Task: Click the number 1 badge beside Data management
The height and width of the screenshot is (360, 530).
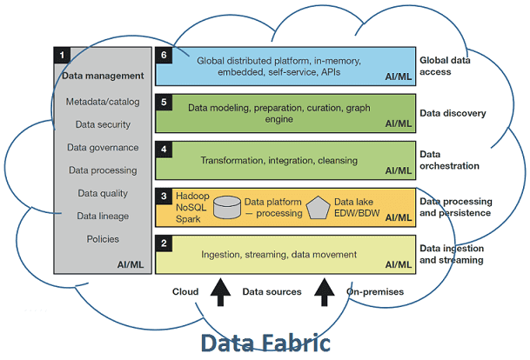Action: pyautogui.click(x=62, y=55)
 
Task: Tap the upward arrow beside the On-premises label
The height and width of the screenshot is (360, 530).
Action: pyautogui.click(x=326, y=294)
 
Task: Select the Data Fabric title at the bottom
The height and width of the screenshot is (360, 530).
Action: pyautogui.click(x=265, y=342)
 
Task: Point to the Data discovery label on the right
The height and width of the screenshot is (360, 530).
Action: pyautogui.click(x=452, y=113)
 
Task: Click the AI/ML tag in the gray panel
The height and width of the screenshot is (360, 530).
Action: pyautogui.click(x=130, y=263)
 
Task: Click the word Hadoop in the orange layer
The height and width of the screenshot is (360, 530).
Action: pyautogui.click(x=193, y=197)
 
